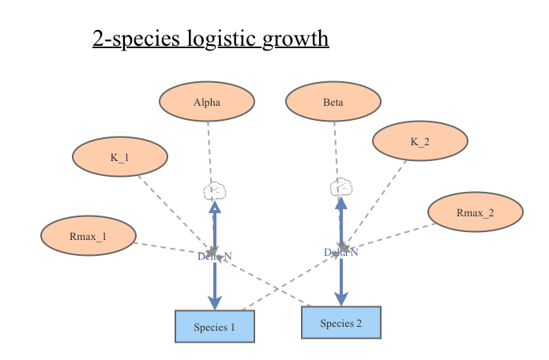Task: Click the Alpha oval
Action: [207, 102]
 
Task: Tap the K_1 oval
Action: [120, 157]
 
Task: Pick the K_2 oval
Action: [420, 141]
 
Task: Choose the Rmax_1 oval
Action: [88, 236]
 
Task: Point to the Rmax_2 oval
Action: [476, 212]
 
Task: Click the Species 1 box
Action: [215, 326]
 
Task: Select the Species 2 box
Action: [341, 322]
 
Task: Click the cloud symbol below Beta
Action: [340, 188]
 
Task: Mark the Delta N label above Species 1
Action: [215, 256]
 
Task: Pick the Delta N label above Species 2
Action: [341, 252]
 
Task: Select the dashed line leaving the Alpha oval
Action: [209, 150]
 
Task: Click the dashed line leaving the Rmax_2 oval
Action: [395, 234]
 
